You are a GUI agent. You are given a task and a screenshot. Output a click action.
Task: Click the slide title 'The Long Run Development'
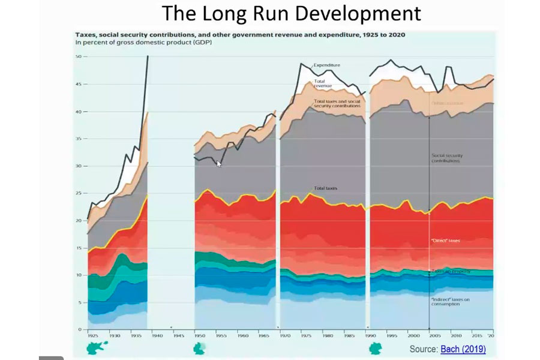point(292,13)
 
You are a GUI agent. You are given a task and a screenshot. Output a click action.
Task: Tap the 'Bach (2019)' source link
point(463,349)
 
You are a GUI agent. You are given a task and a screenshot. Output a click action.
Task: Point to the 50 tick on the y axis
point(77,57)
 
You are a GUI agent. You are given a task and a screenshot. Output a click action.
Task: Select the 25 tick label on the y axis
point(77,193)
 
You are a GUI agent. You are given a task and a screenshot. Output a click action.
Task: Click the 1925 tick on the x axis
point(93,335)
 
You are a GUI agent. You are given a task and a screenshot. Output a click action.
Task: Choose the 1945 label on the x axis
point(178,335)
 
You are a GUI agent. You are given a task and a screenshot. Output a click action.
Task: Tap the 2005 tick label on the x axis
point(434,335)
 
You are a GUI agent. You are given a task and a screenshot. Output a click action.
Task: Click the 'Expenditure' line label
point(328,65)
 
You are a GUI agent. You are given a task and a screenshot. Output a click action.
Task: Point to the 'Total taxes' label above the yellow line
point(326,188)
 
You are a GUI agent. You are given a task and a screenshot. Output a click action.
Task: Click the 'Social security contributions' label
point(446,158)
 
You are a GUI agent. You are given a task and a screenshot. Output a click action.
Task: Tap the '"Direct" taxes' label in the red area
point(446,240)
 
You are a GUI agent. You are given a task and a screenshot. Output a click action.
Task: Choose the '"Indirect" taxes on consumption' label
point(450,301)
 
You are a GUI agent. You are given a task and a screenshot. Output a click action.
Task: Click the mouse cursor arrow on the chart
point(219,163)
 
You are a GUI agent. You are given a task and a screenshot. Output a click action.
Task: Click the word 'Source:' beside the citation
point(424,349)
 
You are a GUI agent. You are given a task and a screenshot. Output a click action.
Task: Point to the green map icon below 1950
point(199,349)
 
